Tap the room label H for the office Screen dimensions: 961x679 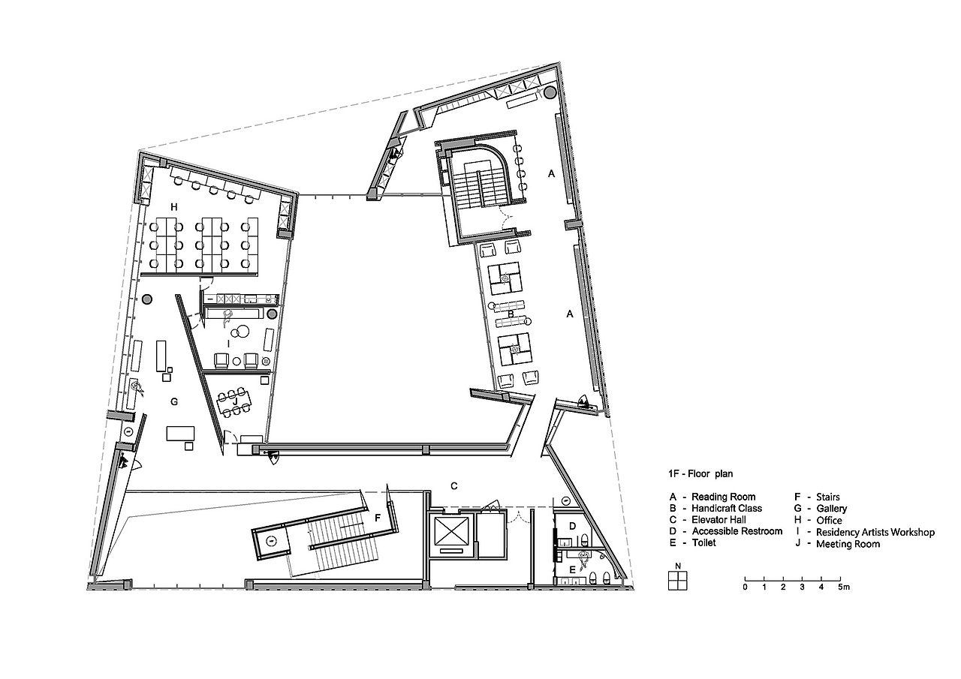(x=173, y=208)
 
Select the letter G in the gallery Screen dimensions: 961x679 (x=174, y=401)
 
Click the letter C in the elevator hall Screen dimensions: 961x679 (x=454, y=485)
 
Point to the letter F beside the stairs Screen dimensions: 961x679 (x=378, y=518)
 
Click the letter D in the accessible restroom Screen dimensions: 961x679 (x=572, y=526)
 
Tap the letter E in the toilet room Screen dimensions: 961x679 (x=572, y=570)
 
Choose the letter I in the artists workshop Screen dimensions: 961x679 (x=229, y=344)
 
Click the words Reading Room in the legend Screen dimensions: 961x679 (x=723, y=497)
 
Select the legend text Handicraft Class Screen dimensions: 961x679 (x=727, y=509)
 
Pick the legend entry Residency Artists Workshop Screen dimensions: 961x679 (x=875, y=533)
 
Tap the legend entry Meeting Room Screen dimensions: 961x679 (x=848, y=544)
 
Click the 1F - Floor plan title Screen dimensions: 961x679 (x=700, y=473)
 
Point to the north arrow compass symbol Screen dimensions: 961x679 (x=678, y=581)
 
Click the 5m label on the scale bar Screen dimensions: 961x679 (x=844, y=587)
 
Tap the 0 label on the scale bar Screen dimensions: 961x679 (x=746, y=587)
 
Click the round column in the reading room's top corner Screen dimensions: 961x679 (x=550, y=92)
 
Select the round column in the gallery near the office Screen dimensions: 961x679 (x=147, y=299)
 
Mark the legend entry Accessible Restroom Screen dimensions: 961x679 (x=737, y=531)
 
